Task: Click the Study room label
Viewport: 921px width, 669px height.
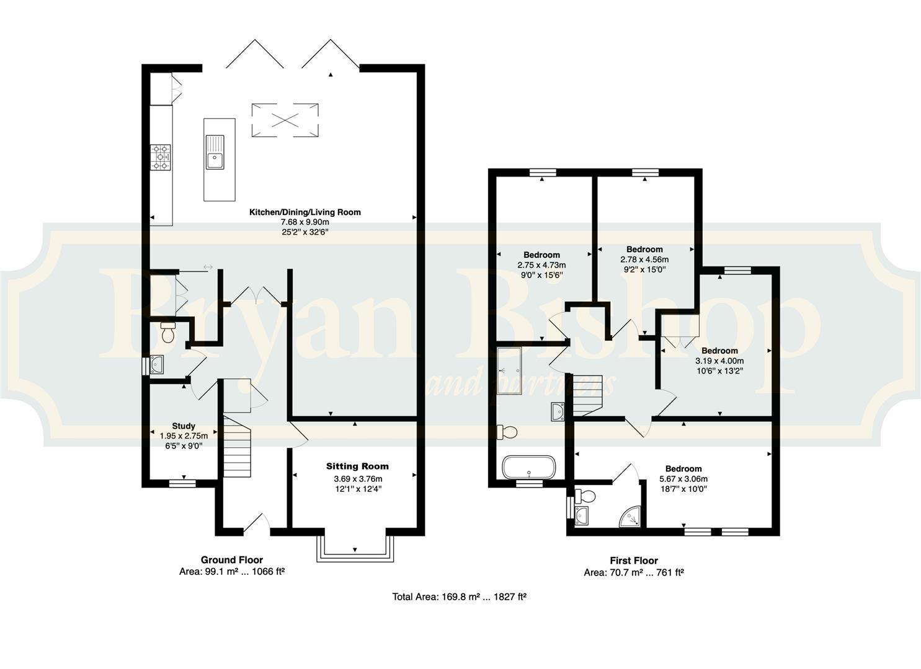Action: point(184,426)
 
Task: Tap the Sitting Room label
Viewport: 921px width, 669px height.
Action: point(357,466)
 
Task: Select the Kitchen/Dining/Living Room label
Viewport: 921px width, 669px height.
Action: point(305,212)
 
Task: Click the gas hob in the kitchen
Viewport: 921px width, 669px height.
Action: point(161,157)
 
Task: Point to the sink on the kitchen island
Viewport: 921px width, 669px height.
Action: point(215,152)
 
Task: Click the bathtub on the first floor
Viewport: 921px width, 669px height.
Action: point(529,467)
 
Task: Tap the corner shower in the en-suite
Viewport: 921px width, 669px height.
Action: point(631,517)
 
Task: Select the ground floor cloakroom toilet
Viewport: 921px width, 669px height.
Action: point(167,333)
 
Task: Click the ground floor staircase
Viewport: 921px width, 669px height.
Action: point(238,447)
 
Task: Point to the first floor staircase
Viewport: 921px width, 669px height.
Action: point(588,395)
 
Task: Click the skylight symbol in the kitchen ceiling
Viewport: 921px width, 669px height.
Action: point(285,120)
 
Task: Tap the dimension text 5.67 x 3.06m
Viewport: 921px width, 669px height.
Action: point(683,479)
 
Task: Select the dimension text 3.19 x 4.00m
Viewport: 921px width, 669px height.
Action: point(719,361)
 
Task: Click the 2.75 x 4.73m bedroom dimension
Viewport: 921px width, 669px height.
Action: point(541,265)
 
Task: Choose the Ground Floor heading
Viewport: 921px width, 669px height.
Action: point(232,560)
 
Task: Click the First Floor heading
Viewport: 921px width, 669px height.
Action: point(634,561)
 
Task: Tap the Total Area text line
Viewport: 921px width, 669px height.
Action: point(460,597)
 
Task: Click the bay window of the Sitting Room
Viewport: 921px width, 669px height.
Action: point(355,549)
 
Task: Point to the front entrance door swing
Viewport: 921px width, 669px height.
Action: point(257,524)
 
